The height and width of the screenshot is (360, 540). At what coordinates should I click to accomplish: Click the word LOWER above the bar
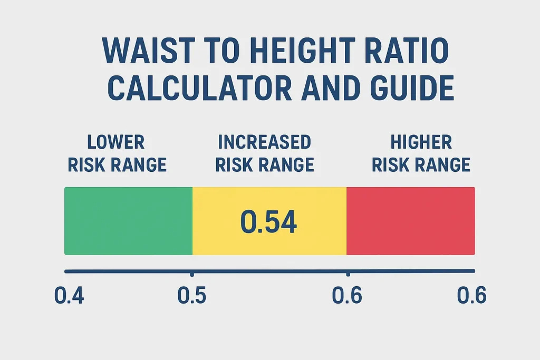pos(116,142)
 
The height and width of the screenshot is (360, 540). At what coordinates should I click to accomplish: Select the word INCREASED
pos(264,142)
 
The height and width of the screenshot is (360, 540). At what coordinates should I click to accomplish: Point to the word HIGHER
pos(421,142)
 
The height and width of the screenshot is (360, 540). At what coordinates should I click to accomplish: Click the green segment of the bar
pos(128,221)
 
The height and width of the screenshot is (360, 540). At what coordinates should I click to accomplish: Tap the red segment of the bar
pos(411,221)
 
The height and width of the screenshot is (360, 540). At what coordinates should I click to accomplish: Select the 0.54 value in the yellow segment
pos(269,222)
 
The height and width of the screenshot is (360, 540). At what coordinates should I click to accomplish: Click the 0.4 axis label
pos(69,296)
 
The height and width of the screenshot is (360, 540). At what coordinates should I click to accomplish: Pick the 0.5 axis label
pos(192,296)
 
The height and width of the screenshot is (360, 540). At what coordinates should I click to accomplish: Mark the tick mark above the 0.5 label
pos(192,274)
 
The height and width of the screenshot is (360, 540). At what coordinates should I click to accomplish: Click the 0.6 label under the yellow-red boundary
pos(347,296)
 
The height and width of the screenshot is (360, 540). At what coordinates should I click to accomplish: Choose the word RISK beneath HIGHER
pos(391,165)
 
